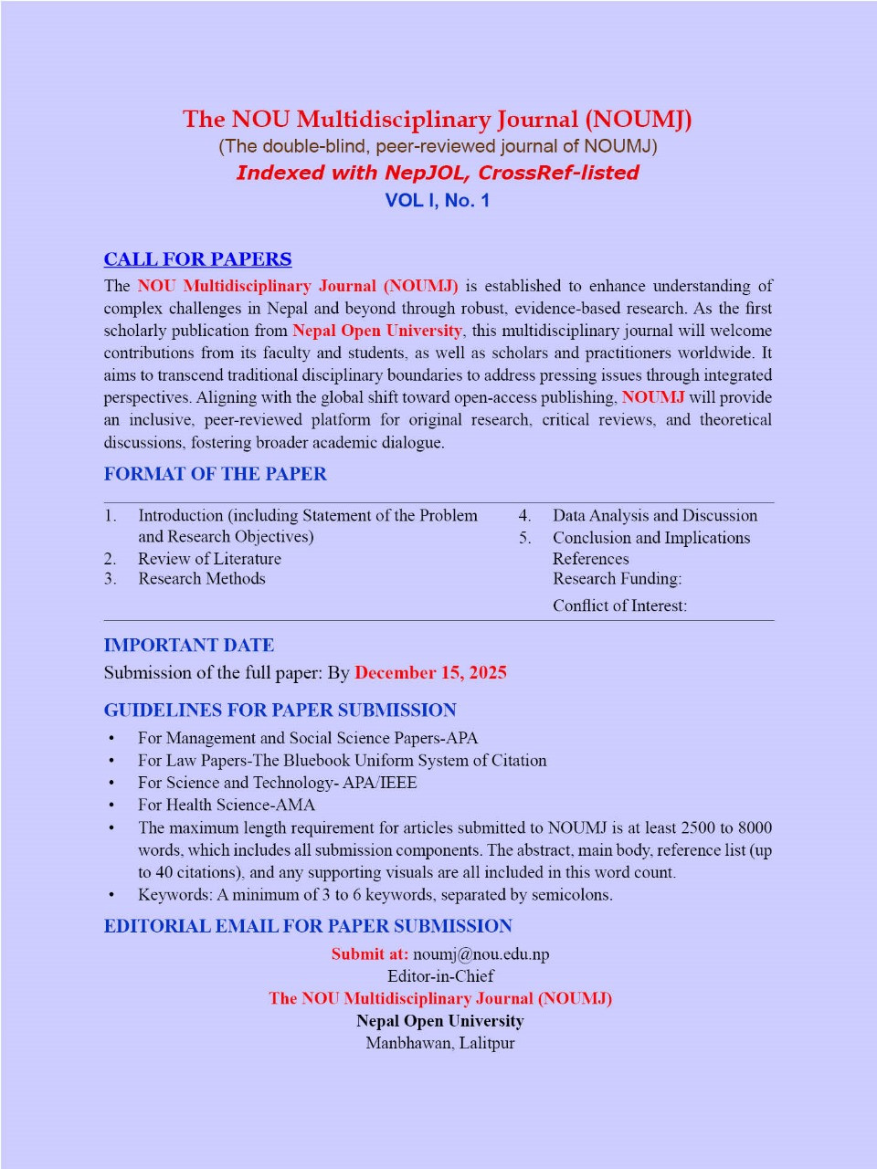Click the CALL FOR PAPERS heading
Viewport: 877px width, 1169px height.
(197, 259)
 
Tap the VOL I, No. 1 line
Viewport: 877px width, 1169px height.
(438, 201)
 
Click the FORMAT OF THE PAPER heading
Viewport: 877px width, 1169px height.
(215, 474)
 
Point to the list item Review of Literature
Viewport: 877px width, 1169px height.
(209, 558)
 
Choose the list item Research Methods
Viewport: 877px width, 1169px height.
(201, 578)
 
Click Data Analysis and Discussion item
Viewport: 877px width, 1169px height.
(654, 515)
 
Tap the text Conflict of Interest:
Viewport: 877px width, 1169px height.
(619, 605)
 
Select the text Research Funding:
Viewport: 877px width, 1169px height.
(617, 578)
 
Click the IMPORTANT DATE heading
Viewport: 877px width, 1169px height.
(188, 646)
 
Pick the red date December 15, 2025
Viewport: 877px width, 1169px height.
(430, 673)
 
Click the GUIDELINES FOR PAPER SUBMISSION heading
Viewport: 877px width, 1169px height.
(280, 711)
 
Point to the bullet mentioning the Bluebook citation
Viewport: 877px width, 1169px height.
(342, 760)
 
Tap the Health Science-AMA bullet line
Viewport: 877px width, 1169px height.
(226, 805)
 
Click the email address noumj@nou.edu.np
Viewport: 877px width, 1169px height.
(481, 954)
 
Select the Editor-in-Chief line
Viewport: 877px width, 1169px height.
(440, 975)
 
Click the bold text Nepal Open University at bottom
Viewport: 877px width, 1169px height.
(439, 1021)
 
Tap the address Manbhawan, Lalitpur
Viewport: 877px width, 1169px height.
(439, 1043)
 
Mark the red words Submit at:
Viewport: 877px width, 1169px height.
(369, 954)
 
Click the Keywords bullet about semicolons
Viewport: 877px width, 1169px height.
(375, 894)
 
